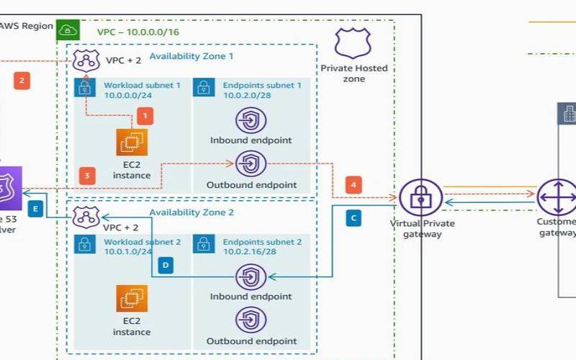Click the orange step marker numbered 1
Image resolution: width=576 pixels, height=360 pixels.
pos(145,115)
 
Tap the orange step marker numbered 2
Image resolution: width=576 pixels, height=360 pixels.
pos(22,81)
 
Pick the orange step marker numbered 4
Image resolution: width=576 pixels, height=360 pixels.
pos(354,184)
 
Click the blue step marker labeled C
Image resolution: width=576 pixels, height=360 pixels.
pos(354,217)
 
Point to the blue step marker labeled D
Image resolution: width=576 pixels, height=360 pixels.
pos(165,266)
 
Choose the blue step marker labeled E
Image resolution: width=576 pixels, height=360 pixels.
pos(35,209)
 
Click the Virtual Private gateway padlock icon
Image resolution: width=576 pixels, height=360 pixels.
pos(420,197)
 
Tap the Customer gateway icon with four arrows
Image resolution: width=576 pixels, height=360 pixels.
pos(557,197)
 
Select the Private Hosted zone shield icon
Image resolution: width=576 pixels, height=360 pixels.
pos(353,44)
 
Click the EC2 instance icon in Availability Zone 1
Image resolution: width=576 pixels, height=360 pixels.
pos(132,142)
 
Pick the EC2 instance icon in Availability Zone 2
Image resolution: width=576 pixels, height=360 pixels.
pos(132,298)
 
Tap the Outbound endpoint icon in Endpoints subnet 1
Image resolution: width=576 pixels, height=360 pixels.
pos(251,163)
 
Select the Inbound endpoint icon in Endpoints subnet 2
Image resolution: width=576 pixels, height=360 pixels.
pos(251,276)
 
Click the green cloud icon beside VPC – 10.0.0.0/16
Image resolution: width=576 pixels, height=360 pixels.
pos(68,30)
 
